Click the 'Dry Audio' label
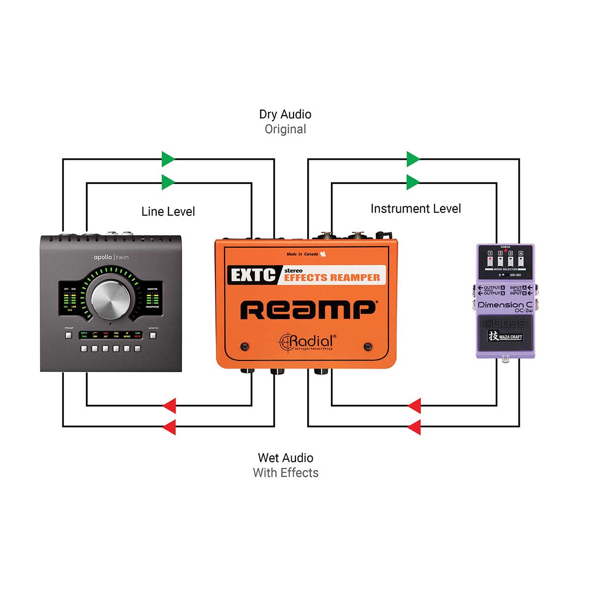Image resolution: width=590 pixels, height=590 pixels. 285,115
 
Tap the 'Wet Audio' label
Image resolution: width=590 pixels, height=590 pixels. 285,458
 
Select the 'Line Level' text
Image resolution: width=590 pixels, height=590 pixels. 168,211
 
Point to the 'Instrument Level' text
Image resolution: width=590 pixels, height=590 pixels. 415,208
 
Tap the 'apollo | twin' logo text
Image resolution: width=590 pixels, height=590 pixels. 111,257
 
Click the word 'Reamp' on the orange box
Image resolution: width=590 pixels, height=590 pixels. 308,310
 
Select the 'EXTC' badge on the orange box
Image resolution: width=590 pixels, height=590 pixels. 253,275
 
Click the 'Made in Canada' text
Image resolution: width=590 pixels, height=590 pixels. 303,254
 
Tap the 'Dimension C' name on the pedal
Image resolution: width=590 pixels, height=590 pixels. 504,305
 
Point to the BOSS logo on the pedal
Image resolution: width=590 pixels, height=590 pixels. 505,323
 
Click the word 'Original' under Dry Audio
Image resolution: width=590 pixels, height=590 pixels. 285,129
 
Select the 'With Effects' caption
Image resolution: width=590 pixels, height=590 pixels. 285,473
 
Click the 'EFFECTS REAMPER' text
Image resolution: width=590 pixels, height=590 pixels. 332,278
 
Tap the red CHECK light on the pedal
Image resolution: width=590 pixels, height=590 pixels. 505,251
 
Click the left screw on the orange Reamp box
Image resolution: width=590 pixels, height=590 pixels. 244,347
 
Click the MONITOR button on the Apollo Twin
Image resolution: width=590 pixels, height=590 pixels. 153,336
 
